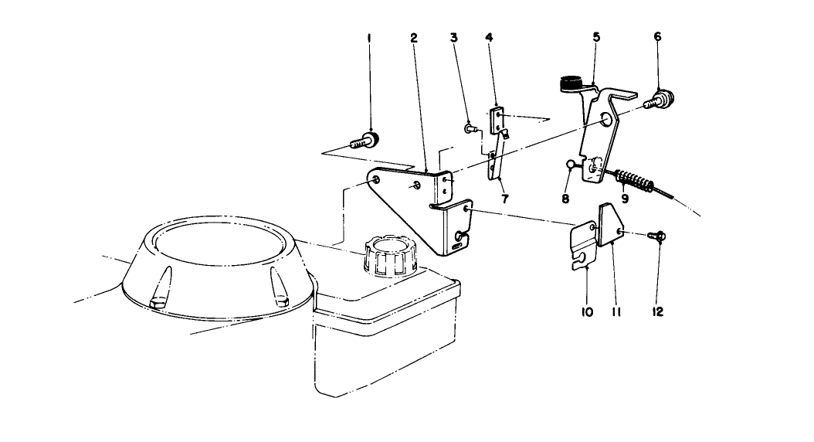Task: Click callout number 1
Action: pyautogui.click(x=369, y=38)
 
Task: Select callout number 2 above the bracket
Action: pyautogui.click(x=414, y=38)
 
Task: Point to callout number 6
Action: pyautogui.click(x=657, y=37)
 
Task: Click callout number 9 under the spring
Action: pyautogui.click(x=626, y=197)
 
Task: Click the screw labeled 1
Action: pyautogui.click(x=365, y=141)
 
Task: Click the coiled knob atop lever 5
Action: pyautogui.click(x=570, y=81)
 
